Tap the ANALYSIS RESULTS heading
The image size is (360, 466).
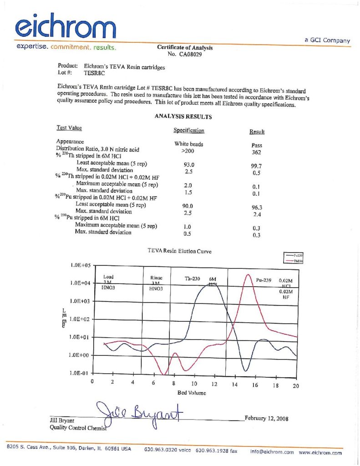pyautogui.click(x=183, y=116)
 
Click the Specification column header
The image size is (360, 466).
pyautogui.click(x=189, y=131)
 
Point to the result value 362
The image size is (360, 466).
pyautogui.click(x=257, y=152)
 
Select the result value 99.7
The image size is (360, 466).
pyautogui.click(x=257, y=166)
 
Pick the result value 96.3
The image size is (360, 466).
pyautogui.click(x=258, y=207)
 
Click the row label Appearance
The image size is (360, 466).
pyautogui.click(x=70, y=142)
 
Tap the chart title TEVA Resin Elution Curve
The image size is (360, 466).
pyautogui.click(x=180, y=251)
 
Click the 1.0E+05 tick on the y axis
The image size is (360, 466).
pyautogui.click(x=81, y=265)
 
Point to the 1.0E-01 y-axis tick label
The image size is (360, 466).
pyautogui.click(x=81, y=373)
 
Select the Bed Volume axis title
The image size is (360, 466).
pyautogui.click(x=192, y=392)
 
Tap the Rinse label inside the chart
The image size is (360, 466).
pyautogui.click(x=157, y=277)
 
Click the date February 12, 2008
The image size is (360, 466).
pyautogui.click(x=266, y=418)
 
